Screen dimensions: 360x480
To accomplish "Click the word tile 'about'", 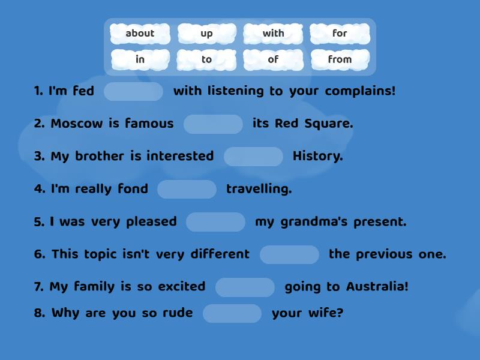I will click(x=140, y=34).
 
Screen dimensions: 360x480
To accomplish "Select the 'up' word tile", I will click(x=206, y=34).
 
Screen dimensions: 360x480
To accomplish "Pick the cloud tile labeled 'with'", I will click(x=273, y=34).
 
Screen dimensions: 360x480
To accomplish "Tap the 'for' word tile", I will click(x=340, y=34).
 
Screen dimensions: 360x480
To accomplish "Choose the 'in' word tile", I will click(x=140, y=59).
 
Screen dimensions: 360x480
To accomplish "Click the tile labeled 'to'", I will click(x=206, y=59).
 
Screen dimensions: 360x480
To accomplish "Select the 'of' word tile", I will click(x=273, y=59).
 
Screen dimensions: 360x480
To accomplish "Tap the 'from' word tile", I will click(x=340, y=59).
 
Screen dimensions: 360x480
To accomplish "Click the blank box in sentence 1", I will click(x=133, y=92).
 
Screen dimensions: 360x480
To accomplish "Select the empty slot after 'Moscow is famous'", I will click(x=213, y=124).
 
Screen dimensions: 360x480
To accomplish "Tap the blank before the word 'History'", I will click(x=253, y=157).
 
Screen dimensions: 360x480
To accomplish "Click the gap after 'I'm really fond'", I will click(x=187, y=189).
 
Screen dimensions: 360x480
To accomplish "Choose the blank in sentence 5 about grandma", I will click(x=215, y=222).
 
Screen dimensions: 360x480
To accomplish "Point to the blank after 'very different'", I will click(x=289, y=254).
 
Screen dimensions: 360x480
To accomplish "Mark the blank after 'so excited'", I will click(x=245, y=287).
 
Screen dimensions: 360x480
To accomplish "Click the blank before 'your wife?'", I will click(x=232, y=313).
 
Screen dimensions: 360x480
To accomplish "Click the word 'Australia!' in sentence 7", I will click(x=377, y=287).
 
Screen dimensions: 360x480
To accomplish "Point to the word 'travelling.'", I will click(x=259, y=189).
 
